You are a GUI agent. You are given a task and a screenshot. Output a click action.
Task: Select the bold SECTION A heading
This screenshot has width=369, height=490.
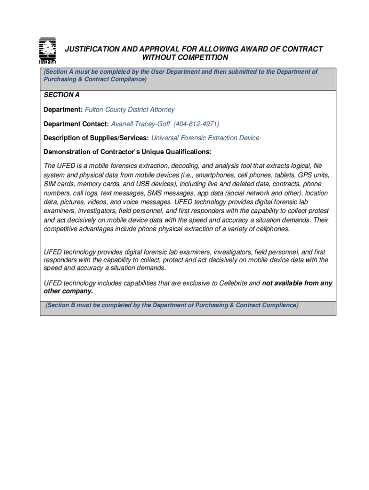pyautogui.click(x=62, y=95)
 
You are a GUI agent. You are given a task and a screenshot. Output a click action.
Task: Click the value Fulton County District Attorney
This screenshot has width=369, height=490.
pyautogui.click(x=130, y=110)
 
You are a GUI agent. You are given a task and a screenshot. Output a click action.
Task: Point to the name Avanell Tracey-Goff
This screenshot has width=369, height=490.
pyautogui.click(x=140, y=124)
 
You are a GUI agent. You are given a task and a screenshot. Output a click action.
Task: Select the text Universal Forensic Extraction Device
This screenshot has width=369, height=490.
pyautogui.click(x=205, y=138)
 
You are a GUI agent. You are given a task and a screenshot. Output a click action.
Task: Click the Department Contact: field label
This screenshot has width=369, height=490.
pyautogui.click(x=76, y=124)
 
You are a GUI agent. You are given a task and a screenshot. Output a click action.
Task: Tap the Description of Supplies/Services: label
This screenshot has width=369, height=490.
pyautogui.click(x=96, y=138)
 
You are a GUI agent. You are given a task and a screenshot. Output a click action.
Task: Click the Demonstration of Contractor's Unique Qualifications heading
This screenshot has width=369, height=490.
pyautogui.click(x=127, y=152)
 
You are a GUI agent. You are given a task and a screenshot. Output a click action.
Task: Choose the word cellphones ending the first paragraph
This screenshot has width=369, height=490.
pyautogui.click(x=273, y=229)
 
